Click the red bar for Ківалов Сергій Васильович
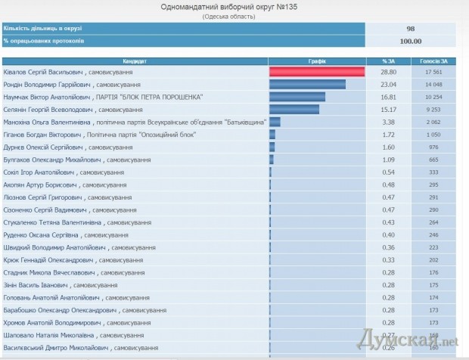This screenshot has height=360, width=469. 318,72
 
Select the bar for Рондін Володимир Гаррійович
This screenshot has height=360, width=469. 307,84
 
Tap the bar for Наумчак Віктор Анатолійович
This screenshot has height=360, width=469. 297,97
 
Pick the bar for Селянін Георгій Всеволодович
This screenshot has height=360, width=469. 294,109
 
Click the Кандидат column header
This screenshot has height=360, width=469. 135,60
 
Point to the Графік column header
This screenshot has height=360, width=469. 318,60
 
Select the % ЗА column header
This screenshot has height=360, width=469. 389,60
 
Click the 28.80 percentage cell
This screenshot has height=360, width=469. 389,72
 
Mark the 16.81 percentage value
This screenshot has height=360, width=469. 389,97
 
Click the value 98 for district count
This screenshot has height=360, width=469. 411,28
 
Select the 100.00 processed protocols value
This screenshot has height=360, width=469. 411,41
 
